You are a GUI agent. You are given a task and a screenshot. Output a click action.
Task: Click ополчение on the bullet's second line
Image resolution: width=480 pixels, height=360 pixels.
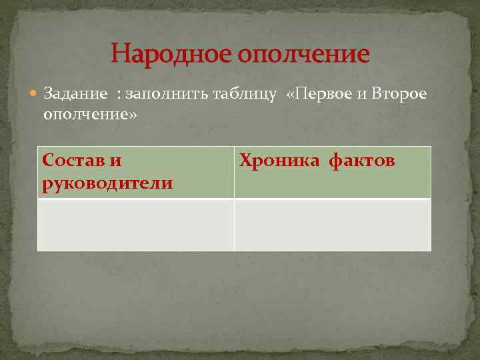(85, 114)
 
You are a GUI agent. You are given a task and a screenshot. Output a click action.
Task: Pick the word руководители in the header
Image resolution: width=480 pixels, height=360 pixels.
(107, 183)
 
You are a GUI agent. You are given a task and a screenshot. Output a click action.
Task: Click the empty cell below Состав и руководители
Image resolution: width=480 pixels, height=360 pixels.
(135, 225)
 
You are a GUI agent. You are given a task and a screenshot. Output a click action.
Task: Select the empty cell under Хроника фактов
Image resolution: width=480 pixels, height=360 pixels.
(333, 225)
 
